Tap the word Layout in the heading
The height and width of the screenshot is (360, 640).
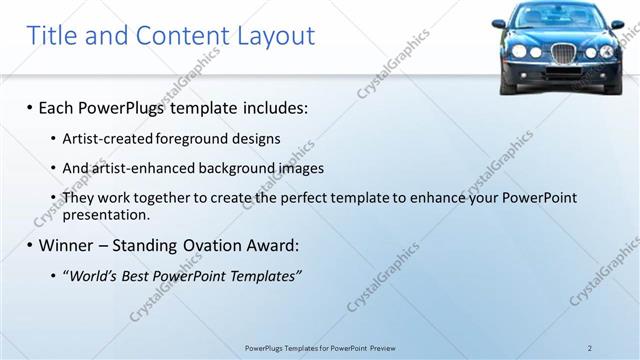[276, 37]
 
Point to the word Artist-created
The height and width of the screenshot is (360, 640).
[107, 139]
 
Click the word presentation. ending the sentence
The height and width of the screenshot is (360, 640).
[106, 214]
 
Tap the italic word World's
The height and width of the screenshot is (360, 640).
[92, 276]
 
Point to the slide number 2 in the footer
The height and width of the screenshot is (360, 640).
[590, 347]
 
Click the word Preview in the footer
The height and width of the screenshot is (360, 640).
[383, 347]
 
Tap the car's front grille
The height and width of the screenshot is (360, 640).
[563, 52]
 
